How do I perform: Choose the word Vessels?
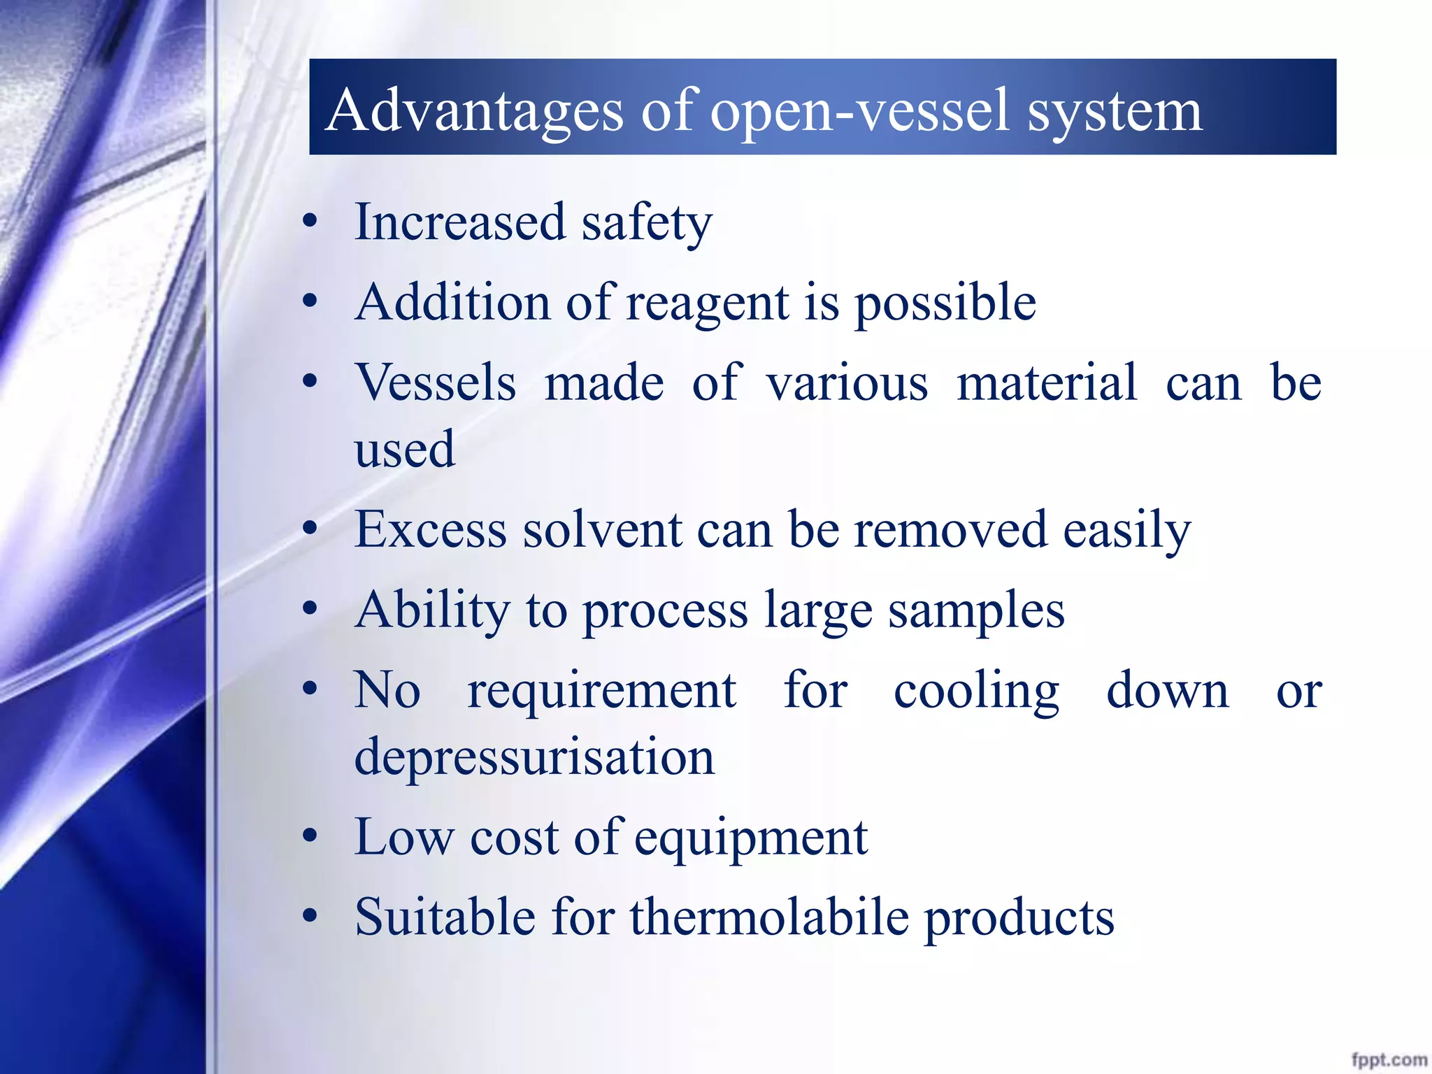tap(436, 383)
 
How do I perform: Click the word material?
tap(1047, 383)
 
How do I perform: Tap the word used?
tap(405, 449)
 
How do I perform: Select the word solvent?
tap(603, 530)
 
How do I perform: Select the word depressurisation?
tap(534, 758)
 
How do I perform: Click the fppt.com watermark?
tap(1389, 1060)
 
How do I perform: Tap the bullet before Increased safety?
tap(310, 223)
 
